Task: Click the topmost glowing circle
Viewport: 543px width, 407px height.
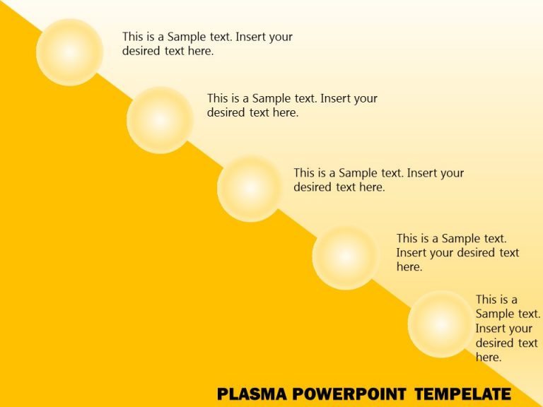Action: click(x=69, y=52)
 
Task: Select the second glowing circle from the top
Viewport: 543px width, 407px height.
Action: click(x=160, y=119)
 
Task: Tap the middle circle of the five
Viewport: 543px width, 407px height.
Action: click(x=250, y=188)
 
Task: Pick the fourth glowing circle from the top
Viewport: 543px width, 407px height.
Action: click(x=345, y=256)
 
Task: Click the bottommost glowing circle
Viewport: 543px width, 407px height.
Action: click(x=440, y=324)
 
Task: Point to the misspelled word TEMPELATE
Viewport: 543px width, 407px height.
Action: click(x=462, y=394)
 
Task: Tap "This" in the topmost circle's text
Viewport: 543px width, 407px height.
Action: click(x=133, y=37)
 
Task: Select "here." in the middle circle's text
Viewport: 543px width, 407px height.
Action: click(x=372, y=187)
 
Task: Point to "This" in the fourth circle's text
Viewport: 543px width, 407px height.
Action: click(x=407, y=239)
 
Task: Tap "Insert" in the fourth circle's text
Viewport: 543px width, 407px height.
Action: click(x=412, y=253)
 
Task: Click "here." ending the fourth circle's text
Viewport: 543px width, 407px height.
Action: click(x=409, y=267)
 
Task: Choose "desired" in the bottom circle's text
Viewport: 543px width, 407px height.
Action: click(x=496, y=343)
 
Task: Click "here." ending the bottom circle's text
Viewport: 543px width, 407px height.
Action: click(x=489, y=358)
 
